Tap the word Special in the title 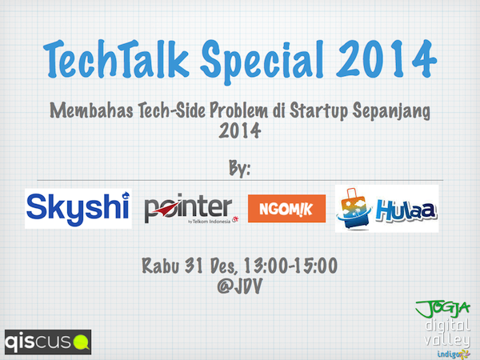coord(262,62)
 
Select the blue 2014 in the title coord(386,58)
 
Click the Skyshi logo coord(78,209)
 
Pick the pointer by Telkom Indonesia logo coord(191,209)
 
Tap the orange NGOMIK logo coord(287,209)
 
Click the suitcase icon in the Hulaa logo coord(354,209)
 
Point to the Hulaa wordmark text coord(406,210)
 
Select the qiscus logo coord(48,342)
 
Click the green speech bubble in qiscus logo coord(82,342)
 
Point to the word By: coord(240,168)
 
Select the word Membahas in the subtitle coord(91,110)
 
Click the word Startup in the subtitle coord(318,110)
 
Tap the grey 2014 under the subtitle coord(240,130)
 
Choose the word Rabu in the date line coord(161,265)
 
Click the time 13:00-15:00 coord(291,265)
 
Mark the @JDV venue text coord(240,286)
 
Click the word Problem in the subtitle coord(238,110)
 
